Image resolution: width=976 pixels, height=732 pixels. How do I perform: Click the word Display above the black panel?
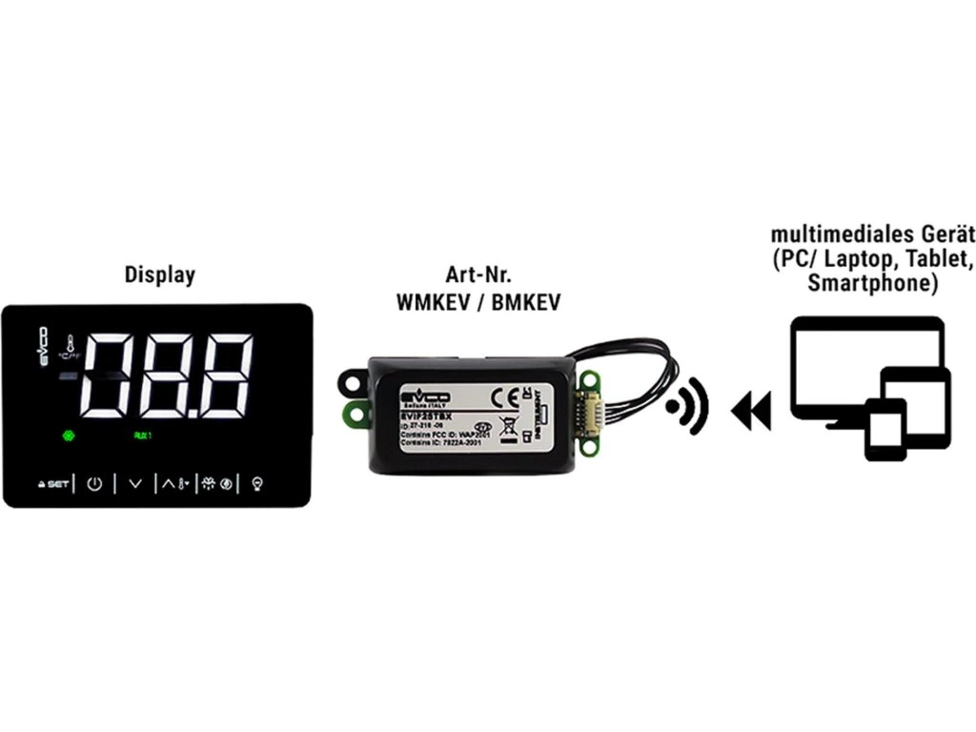coord(159,275)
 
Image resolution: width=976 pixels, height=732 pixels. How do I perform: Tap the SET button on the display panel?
coord(54,484)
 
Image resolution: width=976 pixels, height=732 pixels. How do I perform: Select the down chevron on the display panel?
coord(134,483)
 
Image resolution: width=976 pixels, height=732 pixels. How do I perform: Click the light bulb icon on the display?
coord(256,483)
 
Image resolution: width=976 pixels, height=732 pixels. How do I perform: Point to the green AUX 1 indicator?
coord(142,436)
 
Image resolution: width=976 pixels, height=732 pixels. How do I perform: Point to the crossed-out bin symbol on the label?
coord(509,425)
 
